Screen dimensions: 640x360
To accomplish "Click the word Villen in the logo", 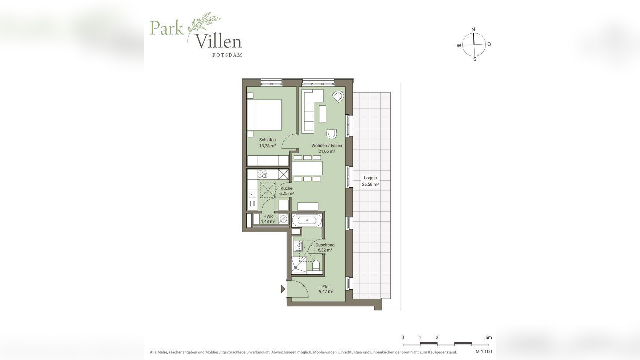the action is pyautogui.click(x=218, y=41).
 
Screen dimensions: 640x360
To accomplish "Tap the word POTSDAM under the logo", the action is pyautogui.click(x=227, y=55).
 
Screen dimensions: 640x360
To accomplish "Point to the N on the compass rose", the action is pyautogui.click(x=473, y=29).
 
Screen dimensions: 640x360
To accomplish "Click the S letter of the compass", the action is pyautogui.click(x=475, y=59).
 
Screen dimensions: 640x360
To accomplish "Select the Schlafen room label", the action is pyautogui.click(x=267, y=140).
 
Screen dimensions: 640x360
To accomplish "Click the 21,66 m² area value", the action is pyautogui.click(x=327, y=151).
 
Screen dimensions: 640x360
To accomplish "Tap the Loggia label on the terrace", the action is pyautogui.click(x=370, y=178).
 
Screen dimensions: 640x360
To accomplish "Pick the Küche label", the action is pyautogui.click(x=286, y=188).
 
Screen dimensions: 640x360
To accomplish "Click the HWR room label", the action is pyautogui.click(x=268, y=216).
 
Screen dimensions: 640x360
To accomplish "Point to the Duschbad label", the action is pyautogui.click(x=325, y=245).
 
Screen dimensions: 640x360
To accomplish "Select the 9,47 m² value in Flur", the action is pyautogui.click(x=326, y=291).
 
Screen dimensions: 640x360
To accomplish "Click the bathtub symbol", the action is pyautogui.click(x=307, y=220).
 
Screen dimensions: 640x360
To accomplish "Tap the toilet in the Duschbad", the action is pyautogui.click(x=316, y=265).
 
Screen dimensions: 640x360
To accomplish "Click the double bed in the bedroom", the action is pyautogui.click(x=264, y=115).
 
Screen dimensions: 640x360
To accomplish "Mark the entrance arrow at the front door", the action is pyautogui.click(x=283, y=289).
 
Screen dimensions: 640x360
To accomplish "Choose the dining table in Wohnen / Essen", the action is pyautogui.click(x=307, y=168).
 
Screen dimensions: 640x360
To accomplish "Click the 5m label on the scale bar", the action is pyautogui.click(x=489, y=337).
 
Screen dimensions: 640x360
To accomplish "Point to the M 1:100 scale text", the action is pyautogui.click(x=484, y=352).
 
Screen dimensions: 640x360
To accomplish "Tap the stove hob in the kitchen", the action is pyautogui.click(x=263, y=174).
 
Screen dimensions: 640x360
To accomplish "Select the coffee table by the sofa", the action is pyautogui.click(x=323, y=114).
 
